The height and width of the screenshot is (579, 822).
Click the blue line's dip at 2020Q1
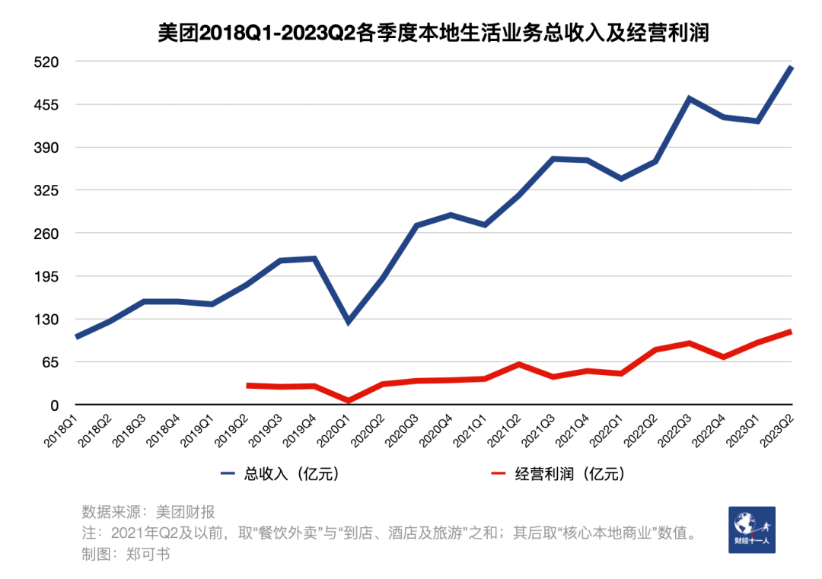(348, 323)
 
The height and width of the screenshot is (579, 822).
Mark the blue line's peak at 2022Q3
(689, 98)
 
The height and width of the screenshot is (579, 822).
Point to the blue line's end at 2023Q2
(792, 68)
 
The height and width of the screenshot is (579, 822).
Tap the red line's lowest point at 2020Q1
(348, 401)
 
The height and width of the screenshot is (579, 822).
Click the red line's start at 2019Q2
(247, 386)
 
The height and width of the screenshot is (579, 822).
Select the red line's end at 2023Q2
(792, 332)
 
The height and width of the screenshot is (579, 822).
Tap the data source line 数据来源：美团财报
(148, 512)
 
